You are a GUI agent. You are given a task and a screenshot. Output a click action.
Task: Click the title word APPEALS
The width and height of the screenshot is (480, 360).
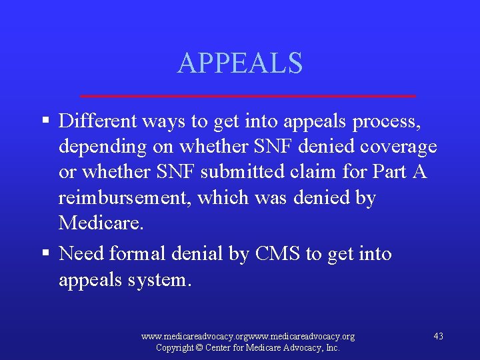240,63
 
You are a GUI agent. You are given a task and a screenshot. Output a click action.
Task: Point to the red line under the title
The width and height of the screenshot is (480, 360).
247,96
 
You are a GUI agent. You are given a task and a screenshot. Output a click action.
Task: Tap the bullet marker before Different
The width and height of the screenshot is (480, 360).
45,121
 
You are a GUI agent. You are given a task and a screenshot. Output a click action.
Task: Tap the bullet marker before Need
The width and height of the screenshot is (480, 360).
45,253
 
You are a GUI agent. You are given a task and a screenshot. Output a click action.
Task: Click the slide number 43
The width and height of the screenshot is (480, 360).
438,336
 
